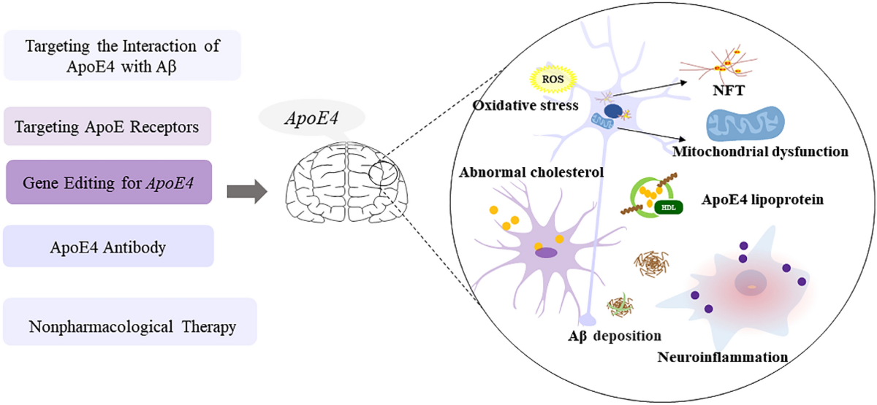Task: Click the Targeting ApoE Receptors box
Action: (107, 126)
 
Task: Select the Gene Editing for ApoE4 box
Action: (109, 182)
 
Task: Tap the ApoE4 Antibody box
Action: (108, 247)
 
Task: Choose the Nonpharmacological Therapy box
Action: (129, 322)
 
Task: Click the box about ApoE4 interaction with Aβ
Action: (122, 55)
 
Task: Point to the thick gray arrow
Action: (247, 191)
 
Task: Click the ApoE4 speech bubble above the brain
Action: (311, 118)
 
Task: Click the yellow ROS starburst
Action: (553, 80)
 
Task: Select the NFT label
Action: (728, 90)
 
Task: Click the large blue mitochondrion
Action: (745, 123)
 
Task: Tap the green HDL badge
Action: (669, 207)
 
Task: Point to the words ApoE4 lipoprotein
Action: (762, 200)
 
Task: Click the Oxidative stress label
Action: (525, 105)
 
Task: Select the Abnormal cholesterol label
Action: (531, 172)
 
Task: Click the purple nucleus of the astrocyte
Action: (546, 252)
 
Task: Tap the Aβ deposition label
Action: (615, 336)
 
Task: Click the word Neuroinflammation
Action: (723, 357)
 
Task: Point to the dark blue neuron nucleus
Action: (613, 111)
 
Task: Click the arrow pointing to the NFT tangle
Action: (650, 89)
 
